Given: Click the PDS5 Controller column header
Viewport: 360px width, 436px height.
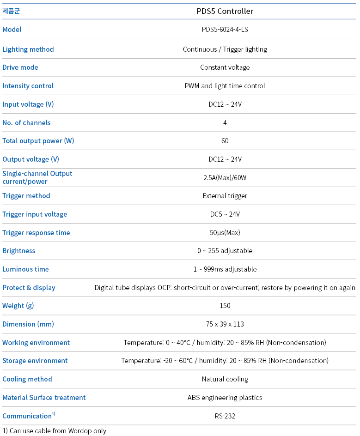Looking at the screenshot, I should [x=225, y=11].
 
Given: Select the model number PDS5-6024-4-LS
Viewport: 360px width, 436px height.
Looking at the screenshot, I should [x=225, y=30].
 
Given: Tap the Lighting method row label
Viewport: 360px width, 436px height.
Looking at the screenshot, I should [x=28, y=49].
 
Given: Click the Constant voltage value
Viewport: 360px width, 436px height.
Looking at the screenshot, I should [x=225, y=67].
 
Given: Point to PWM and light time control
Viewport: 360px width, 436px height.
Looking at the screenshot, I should [x=225, y=86].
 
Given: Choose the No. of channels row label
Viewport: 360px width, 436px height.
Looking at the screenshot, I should [x=26, y=123].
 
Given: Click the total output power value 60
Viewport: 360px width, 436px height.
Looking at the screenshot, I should [x=225, y=141].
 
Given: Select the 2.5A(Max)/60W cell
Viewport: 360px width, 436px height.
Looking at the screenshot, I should [x=225, y=178].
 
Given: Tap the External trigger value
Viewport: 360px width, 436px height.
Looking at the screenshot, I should [x=225, y=196].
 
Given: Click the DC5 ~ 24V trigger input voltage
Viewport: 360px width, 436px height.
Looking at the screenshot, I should [x=225, y=214].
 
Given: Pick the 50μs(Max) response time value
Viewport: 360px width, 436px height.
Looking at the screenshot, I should [x=225, y=233].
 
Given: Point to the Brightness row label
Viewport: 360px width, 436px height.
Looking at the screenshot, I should [x=19, y=251].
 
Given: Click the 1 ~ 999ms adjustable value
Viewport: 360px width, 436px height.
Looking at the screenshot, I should [x=225, y=269].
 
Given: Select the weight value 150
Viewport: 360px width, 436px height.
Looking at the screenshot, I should [x=225, y=306].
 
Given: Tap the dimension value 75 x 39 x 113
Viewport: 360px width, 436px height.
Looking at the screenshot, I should [x=225, y=324].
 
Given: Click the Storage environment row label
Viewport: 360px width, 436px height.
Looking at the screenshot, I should [x=35, y=361].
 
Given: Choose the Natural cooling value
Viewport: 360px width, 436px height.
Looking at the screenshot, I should [x=225, y=379].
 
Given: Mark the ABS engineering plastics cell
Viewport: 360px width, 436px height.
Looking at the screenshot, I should [x=225, y=398].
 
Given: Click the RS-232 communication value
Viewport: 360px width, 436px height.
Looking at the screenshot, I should [x=225, y=416].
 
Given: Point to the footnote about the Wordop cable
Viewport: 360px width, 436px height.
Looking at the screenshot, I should [x=55, y=431].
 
